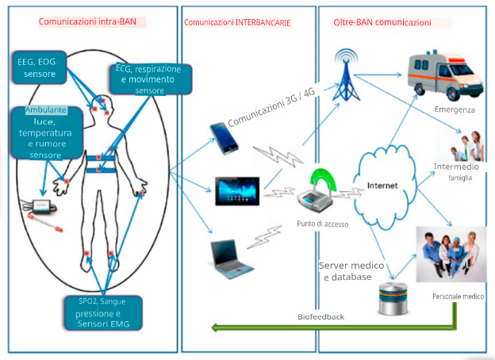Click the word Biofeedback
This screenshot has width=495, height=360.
pos(321,316)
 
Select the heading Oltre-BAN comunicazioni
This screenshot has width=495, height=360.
pos(384,22)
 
